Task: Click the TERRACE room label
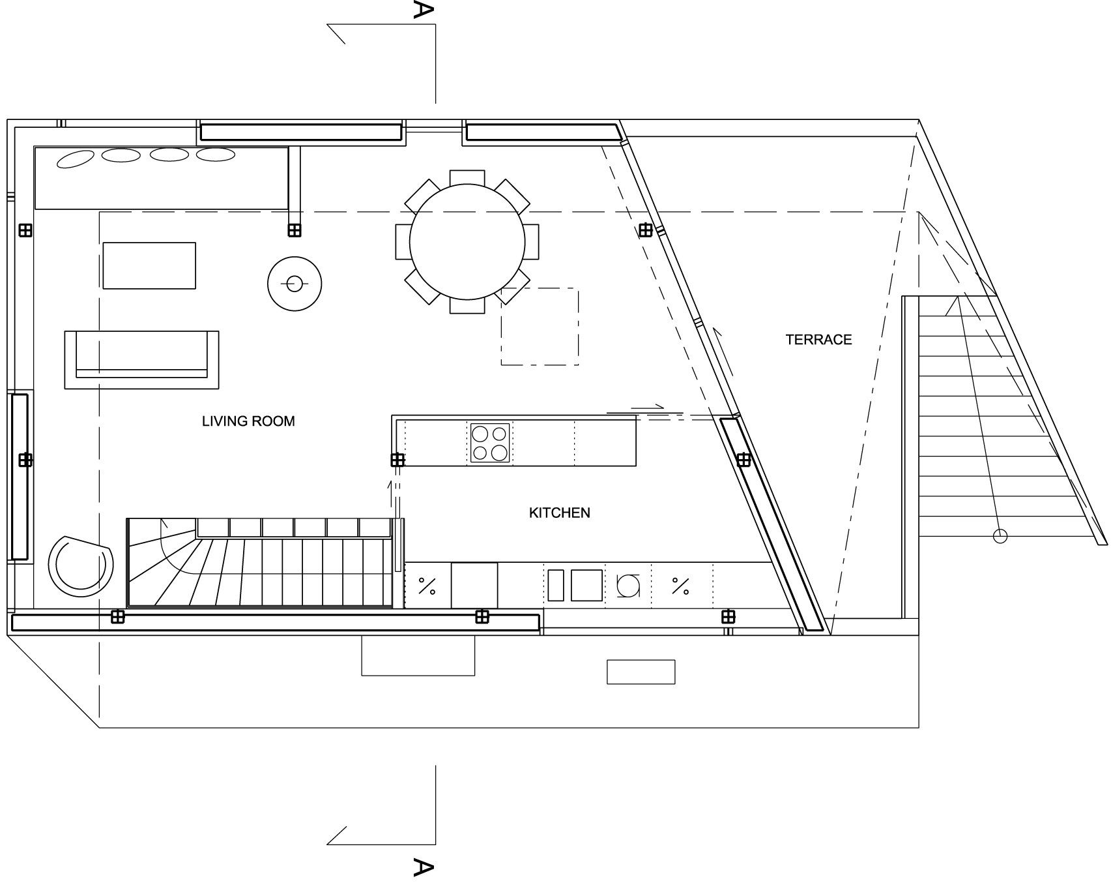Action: (x=818, y=339)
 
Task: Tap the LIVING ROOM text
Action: (x=248, y=421)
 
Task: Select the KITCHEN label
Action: (x=559, y=513)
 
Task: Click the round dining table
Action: (x=467, y=241)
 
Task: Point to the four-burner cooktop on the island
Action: (x=490, y=443)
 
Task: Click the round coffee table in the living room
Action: (x=295, y=284)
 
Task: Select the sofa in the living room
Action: (x=141, y=360)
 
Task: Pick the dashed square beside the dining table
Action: (x=540, y=326)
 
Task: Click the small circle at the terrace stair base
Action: (x=1000, y=536)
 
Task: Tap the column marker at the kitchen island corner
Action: (x=397, y=460)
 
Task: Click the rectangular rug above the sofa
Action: (x=149, y=265)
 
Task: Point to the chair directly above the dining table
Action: (x=467, y=177)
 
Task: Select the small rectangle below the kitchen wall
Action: (x=641, y=672)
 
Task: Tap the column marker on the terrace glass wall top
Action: (x=645, y=230)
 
